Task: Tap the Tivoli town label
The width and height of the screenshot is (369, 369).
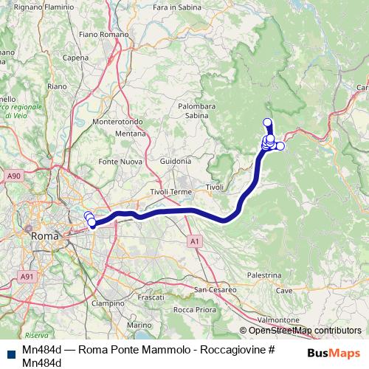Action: (x=215, y=187)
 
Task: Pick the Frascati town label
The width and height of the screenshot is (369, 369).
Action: (x=151, y=297)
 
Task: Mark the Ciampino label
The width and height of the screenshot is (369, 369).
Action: (x=108, y=303)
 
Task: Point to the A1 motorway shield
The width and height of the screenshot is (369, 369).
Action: (x=193, y=241)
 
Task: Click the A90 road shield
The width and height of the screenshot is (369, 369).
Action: (x=13, y=176)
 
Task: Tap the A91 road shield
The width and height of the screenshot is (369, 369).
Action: (x=28, y=276)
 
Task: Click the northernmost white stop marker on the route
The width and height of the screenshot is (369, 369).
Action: (x=267, y=123)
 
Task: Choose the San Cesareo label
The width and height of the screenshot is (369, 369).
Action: (x=214, y=289)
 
